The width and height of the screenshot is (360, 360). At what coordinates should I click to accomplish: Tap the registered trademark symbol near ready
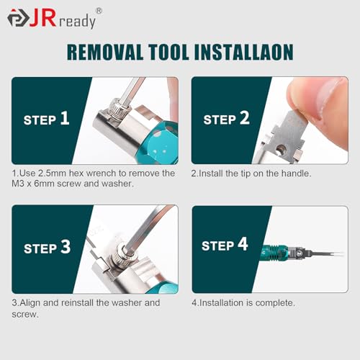[99, 10]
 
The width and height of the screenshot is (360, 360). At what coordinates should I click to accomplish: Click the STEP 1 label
[46, 119]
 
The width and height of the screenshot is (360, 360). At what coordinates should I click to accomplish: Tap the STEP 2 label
[226, 119]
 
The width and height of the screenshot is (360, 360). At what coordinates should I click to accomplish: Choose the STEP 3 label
[47, 248]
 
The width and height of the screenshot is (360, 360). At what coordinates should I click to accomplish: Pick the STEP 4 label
[225, 246]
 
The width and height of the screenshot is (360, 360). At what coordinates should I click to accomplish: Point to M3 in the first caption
[21, 184]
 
